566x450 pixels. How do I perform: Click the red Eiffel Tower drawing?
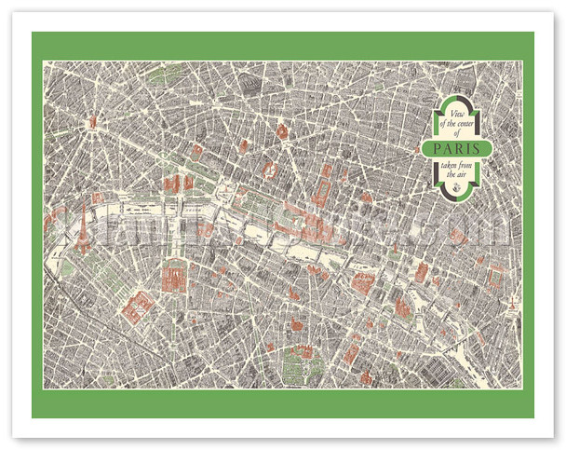click(83, 225)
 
